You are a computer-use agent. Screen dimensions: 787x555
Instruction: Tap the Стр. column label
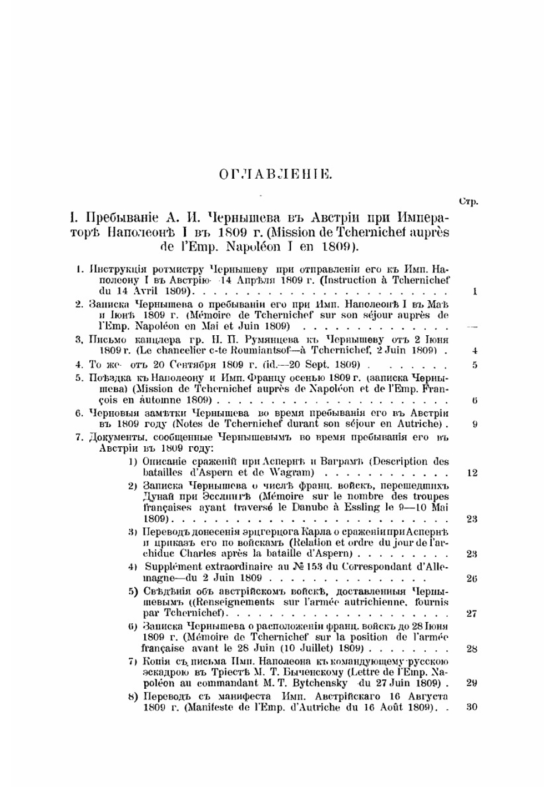469,201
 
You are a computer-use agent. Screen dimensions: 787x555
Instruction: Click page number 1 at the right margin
475,291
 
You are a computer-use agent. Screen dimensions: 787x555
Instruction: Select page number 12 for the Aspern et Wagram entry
472,473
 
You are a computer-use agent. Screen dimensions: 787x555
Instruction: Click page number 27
472,614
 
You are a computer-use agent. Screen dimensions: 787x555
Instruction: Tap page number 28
472,649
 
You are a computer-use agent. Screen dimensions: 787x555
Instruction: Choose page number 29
472,683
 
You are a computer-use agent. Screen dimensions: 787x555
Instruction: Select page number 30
472,707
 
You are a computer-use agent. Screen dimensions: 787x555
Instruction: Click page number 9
475,425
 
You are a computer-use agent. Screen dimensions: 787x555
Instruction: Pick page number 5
475,365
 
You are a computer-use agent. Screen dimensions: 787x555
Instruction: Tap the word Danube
316,507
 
